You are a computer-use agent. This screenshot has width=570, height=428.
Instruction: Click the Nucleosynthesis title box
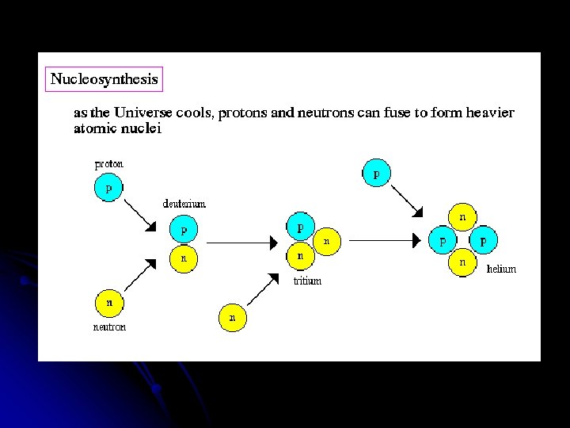click(x=104, y=78)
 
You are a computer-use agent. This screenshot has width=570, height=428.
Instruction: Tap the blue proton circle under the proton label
click(x=108, y=189)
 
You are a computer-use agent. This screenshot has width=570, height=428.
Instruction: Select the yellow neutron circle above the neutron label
click(x=109, y=302)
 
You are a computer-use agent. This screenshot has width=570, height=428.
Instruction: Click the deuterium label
click(x=184, y=204)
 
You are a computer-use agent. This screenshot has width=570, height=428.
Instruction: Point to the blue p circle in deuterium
click(x=184, y=231)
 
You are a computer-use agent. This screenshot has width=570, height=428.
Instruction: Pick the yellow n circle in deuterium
click(x=184, y=258)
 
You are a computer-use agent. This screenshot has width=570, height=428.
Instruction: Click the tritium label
click(x=307, y=281)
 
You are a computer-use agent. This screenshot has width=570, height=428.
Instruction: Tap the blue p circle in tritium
click(x=300, y=227)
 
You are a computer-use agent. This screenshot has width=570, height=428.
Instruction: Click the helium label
click(x=501, y=269)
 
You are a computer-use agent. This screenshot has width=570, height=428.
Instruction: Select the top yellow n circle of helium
click(x=462, y=216)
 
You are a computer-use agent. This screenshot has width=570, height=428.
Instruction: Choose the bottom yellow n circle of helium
click(x=462, y=262)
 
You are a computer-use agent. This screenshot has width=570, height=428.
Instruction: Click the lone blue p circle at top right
click(x=376, y=172)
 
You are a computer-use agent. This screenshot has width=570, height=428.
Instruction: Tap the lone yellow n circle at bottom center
click(x=232, y=318)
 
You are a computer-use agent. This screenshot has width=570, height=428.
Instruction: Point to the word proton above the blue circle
click(x=109, y=165)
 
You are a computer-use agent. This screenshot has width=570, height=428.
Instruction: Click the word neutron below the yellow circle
click(x=109, y=327)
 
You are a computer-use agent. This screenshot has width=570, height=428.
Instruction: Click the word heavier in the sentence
click(x=489, y=113)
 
